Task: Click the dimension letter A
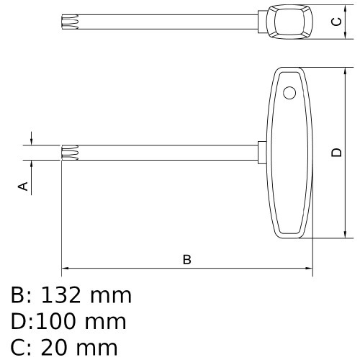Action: coord(23,186)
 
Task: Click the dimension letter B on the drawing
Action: coord(186,259)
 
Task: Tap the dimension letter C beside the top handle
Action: coord(335,22)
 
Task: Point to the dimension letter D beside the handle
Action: coord(336,153)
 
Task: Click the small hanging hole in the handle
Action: coord(289,92)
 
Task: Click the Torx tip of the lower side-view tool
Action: coord(69,152)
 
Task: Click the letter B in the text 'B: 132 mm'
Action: coord(18,295)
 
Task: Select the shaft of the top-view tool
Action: coord(166,22)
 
